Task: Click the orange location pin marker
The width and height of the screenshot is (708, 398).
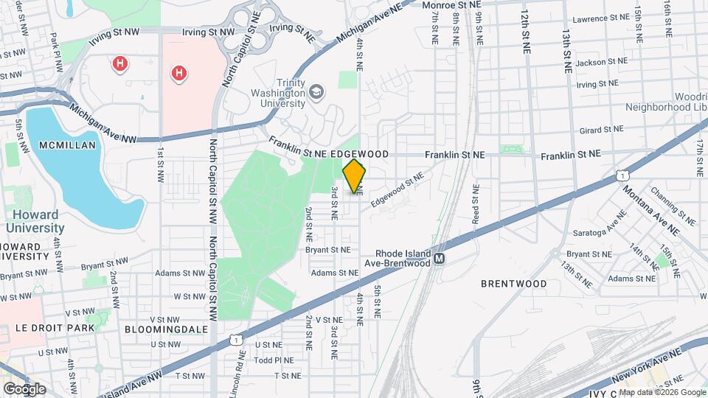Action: pyautogui.click(x=354, y=175)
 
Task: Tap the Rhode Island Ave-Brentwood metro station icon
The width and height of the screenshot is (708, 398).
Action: pyautogui.click(x=440, y=259)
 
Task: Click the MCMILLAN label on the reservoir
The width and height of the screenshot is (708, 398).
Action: pyautogui.click(x=69, y=145)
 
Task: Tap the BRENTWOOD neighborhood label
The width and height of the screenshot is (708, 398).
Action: pyautogui.click(x=513, y=283)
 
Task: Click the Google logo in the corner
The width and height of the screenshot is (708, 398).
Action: pyautogui.click(x=24, y=389)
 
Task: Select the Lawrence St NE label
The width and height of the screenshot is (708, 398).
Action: pyautogui.click(x=600, y=18)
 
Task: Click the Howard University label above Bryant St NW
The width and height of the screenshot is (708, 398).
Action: pyautogui.click(x=35, y=222)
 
